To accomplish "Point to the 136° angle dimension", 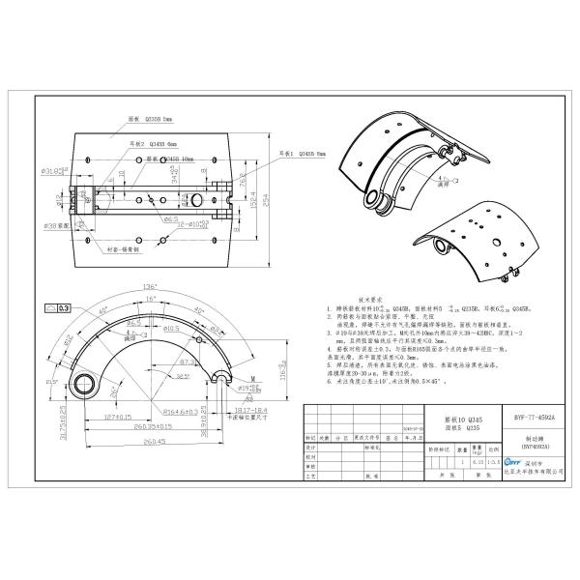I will pos(150,286).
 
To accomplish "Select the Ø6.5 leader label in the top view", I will pos(170,219).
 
